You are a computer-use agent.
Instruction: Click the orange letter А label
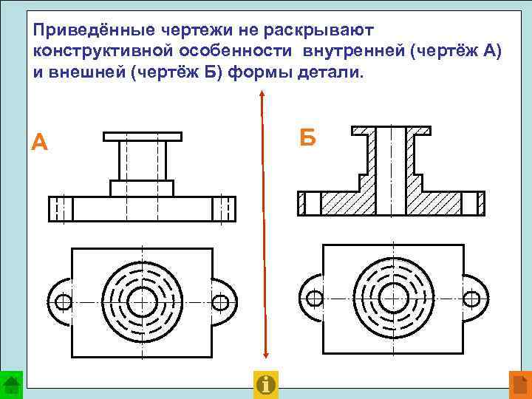click(x=40, y=141)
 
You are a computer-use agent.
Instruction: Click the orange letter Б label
click(x=308, y=137)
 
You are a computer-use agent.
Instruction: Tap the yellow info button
click(x=265, y=384)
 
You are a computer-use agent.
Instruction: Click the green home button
click(x=11, y=385)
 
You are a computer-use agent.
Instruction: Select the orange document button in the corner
click(x=520, y=385)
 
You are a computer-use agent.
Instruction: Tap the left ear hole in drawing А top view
click(x=64, y=301)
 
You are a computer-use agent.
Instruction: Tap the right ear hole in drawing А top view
click(x=220, y=301)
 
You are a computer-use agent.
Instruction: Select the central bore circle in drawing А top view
click(x=141, y=301)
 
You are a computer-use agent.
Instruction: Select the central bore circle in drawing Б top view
click(x=392, y=299)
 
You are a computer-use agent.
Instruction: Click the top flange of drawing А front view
click(x=142, y=137)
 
